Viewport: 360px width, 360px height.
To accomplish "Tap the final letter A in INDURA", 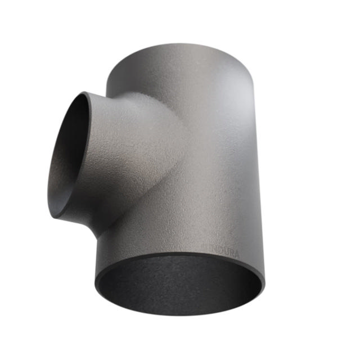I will tap(236, 254).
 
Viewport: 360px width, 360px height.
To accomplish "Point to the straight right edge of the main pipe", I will tap(260, 186).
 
